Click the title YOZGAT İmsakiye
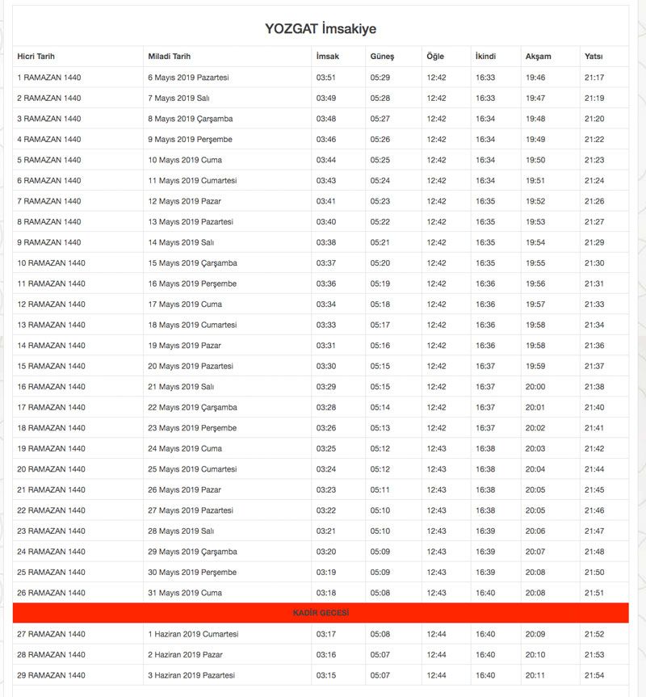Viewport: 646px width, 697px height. point(321,28)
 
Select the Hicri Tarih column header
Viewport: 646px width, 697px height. point(41,57)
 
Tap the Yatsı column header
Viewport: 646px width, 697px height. point(594,57)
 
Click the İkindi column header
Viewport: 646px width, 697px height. point(485,57)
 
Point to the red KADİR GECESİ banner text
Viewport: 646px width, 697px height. point(321,614)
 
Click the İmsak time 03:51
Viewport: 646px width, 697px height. point(326,78)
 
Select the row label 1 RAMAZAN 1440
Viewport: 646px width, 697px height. point(49,78)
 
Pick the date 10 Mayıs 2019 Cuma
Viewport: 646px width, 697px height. point(185,160)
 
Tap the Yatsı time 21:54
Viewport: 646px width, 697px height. point(594,675)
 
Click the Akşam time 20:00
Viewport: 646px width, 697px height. point(535,387)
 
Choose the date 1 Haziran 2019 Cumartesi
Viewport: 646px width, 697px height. point(193,634)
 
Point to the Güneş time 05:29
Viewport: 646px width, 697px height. point(380,78)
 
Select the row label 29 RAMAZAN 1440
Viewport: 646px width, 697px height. point(51,675)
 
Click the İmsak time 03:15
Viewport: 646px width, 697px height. point(326,675)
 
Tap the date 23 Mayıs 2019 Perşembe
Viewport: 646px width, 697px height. point(192,428)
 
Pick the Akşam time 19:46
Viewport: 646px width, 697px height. point(535,78)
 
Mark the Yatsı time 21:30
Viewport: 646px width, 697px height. point(594,263)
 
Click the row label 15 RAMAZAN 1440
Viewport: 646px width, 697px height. point(51,366)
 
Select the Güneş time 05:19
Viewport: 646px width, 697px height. point(380,283)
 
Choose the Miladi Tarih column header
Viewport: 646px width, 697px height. point(170,57)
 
